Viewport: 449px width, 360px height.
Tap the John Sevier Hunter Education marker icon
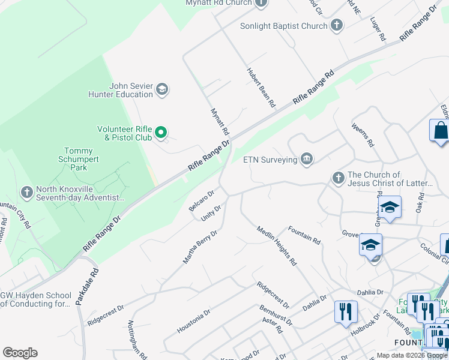coord(161,90)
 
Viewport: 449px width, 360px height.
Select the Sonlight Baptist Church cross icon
coord(337,26)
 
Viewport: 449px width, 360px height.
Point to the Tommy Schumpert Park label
coord(79,159)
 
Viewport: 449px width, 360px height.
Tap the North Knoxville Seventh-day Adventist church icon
coord(26,192)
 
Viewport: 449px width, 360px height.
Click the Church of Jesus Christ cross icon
coord(338,178)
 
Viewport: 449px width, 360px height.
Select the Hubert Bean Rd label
coord(261,88)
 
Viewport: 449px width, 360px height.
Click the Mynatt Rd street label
coord(220,121)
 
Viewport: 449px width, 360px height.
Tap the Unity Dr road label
coord(211,212)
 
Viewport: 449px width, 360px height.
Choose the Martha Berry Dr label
coord(200,247)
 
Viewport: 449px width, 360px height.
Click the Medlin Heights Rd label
coord(277,245)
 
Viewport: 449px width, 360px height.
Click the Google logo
coord(20,353)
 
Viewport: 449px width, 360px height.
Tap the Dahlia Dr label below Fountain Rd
coord(314,302)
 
